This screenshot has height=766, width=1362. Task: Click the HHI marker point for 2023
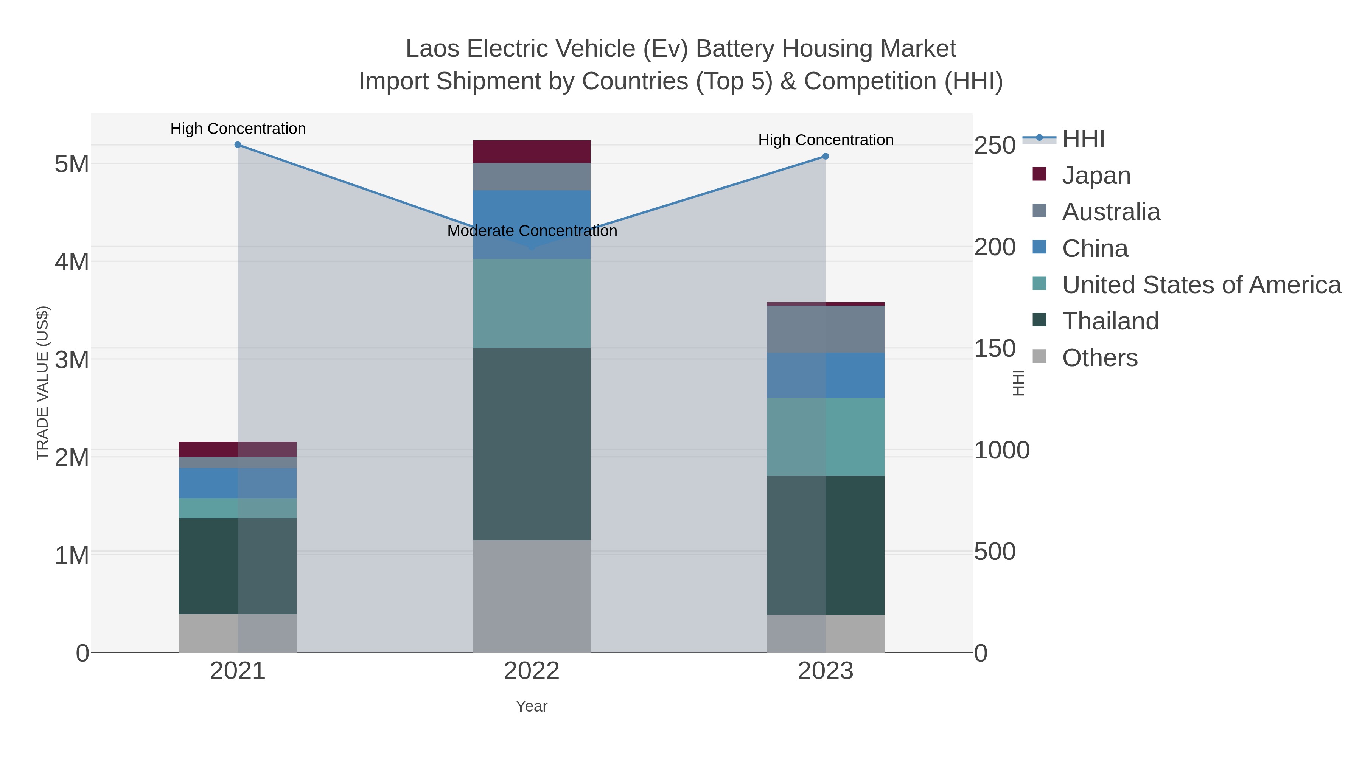(826, 157)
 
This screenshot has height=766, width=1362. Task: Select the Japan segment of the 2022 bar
(532, 152)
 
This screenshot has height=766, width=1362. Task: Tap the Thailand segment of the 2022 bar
(532, 444)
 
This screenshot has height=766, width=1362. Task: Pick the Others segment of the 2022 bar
(532, 596)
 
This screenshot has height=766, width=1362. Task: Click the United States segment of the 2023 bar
(826, 437)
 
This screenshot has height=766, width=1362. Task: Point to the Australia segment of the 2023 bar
(826, 329)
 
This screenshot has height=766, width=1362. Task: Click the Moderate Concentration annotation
(532, 231)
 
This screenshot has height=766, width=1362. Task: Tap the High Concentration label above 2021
(238, 129)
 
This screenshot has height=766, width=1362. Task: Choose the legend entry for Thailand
(1110, 321)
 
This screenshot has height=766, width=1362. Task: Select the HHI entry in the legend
(1083, 139)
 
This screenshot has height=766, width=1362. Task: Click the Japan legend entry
(1096, 176)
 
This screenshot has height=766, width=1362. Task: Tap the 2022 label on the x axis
(532, 671)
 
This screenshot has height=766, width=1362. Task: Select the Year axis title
(532, 706)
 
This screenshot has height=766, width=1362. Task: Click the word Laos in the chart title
(432, 49)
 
